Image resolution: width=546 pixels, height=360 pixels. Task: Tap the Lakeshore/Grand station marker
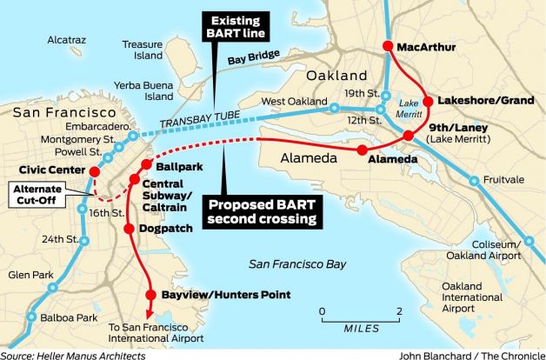427,100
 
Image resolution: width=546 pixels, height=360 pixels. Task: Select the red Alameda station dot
361,150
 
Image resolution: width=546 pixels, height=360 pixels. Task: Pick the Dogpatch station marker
130,229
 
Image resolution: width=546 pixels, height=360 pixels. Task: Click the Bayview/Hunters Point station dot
153,294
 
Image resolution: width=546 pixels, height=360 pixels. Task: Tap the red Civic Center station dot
90,170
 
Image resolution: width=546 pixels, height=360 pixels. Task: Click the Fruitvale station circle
474,182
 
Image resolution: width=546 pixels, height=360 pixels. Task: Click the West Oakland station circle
334,109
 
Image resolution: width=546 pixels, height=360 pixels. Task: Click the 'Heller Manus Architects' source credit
83,353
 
